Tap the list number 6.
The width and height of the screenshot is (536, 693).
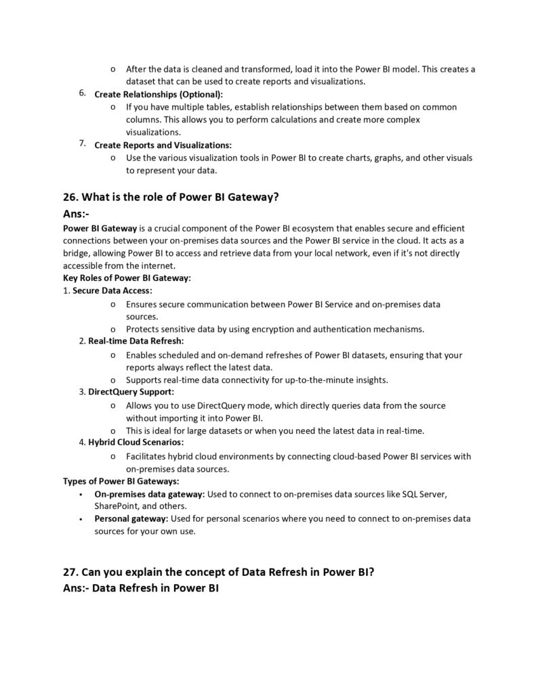pos(82,93)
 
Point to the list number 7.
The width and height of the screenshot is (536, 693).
pos(82,143)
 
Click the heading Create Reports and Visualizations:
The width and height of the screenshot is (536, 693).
pos(163,145)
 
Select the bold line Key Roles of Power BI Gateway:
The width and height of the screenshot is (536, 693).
pos(127,278)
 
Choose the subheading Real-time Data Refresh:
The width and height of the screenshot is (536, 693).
pos(136,341)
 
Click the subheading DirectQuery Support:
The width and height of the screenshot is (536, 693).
pos(131,392)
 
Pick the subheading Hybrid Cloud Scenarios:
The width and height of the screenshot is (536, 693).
pos(136,443)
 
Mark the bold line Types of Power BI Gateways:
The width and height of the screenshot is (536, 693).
pos(121,481)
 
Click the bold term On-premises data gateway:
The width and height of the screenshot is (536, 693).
pos(149,494)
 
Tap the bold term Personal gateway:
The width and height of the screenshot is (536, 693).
pos(131,519)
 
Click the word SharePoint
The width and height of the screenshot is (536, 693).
pos(116,506)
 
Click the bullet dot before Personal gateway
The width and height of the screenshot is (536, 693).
pos(81,520)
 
